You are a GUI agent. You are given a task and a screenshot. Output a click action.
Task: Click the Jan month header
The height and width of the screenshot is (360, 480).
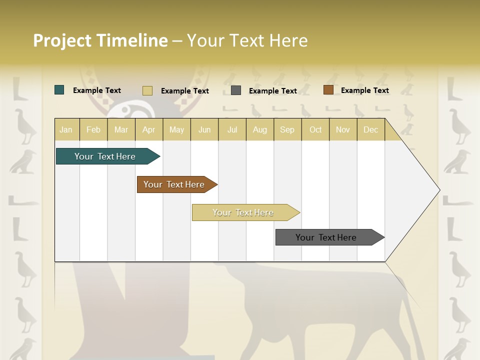(x=66, y=129)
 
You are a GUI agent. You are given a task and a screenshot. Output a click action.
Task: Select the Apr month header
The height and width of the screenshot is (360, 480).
(x=149, y=129)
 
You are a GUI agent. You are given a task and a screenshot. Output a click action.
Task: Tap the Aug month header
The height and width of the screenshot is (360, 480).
(x=260, y=129)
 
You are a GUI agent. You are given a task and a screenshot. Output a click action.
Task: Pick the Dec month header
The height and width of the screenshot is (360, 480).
(x=370, y=129)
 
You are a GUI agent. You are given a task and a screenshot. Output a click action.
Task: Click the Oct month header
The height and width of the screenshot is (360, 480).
(x=315, y=129)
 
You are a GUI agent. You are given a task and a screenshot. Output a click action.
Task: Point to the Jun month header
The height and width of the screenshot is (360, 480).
(x=204, y=129)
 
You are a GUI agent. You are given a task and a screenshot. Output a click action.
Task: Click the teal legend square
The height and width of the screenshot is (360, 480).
(x=59, y=90)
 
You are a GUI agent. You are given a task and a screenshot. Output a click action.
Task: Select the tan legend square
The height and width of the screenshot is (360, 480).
(x=147, y=90)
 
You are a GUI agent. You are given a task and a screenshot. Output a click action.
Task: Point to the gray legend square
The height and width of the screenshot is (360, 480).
(x=236, y=90)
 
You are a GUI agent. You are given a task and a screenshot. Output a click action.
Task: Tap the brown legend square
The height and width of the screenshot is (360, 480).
(x=328, y=90)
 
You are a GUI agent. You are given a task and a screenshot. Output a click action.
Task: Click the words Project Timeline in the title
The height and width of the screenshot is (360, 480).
(x=100, y=40)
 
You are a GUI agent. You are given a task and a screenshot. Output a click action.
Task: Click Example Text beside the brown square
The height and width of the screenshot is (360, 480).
(x=364, y=90)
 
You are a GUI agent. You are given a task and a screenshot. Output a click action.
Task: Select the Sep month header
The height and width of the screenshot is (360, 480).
(x=287, y=129)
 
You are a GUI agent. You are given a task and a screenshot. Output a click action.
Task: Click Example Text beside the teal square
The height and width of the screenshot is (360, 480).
(x=97, y=90)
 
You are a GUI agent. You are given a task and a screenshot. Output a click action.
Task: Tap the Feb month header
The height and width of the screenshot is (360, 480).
(x=93, y=129)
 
